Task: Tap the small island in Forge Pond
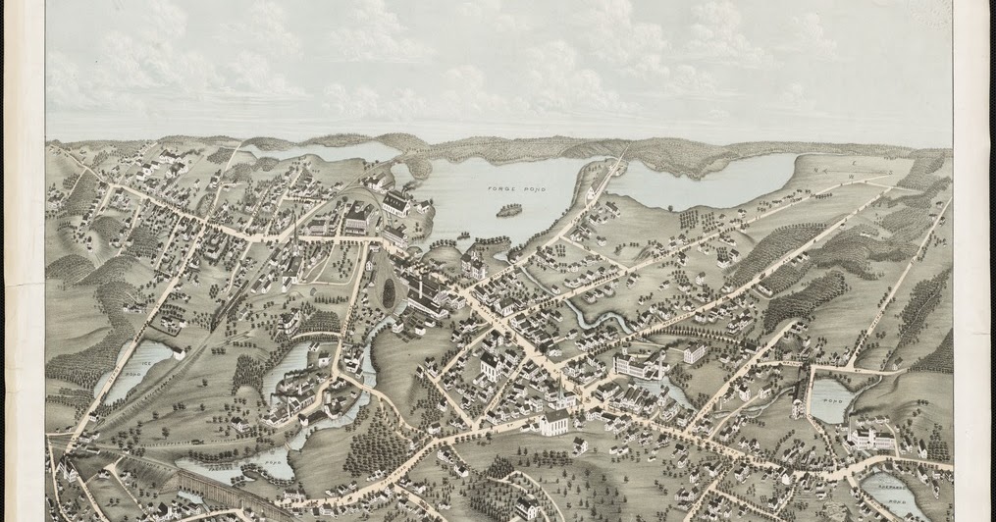[508, 209]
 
